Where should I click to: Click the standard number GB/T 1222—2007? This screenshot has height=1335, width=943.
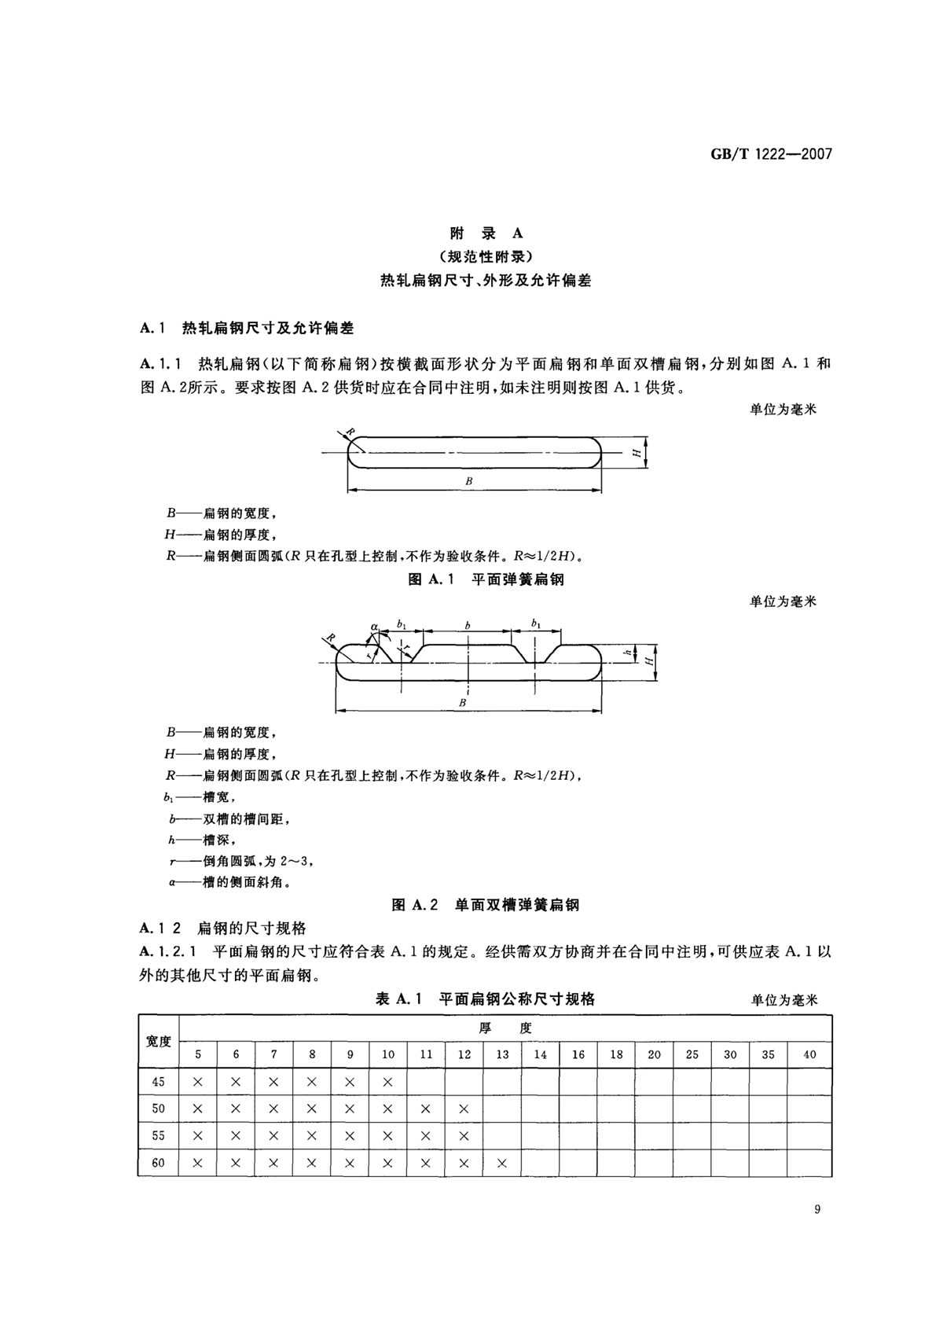pos(771,154)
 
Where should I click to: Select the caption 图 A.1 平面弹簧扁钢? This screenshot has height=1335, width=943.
pos(486,579)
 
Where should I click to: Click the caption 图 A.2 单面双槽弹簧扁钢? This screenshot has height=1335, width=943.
pos(485,905)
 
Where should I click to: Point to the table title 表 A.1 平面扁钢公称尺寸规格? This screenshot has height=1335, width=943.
pos(485,999)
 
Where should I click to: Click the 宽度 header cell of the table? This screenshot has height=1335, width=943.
pos(158,1041)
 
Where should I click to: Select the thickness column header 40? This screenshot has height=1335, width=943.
pos(809,1054)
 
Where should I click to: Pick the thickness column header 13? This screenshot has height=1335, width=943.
pos(502,1054)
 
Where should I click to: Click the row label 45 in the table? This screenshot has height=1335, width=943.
pos(158,1082)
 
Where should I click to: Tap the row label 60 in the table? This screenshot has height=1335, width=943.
pos(158,1163)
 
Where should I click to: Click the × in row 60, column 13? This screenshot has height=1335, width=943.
pos(502,1163)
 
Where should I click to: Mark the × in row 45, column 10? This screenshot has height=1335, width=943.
pos(388,1082)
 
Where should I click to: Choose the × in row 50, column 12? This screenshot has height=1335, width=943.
pos(464,1109)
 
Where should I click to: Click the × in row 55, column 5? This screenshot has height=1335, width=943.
pos(198,1136)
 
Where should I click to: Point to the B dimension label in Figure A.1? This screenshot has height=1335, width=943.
pos(469,480)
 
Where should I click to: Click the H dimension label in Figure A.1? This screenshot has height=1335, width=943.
pos(634,453)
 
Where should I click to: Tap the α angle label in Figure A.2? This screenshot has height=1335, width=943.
pos(375,627)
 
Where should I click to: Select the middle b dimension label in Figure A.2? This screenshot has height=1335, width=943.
pos(468,626)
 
